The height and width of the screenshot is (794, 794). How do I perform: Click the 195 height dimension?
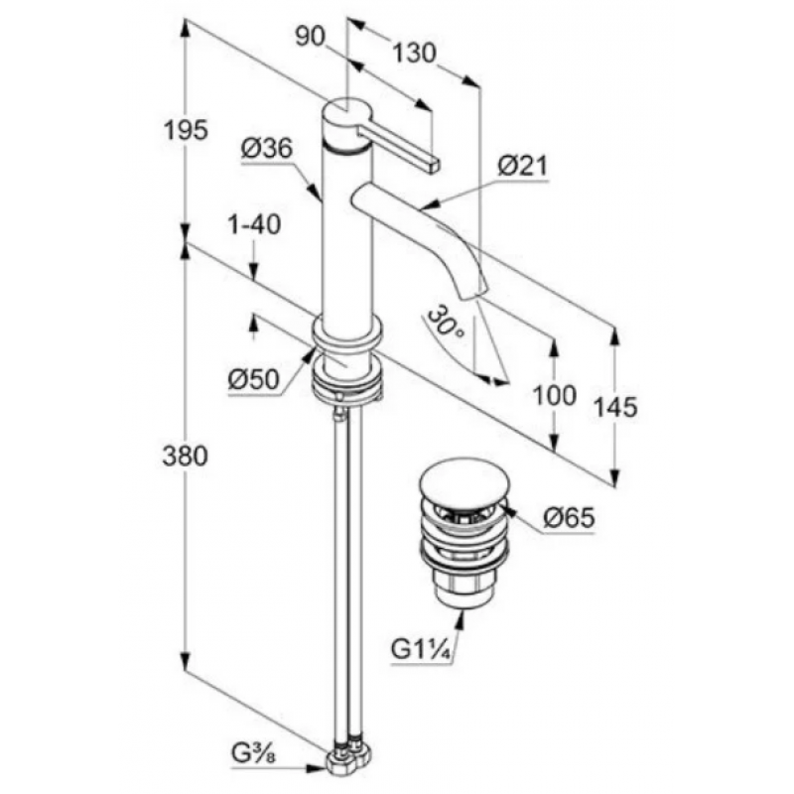[186, 131]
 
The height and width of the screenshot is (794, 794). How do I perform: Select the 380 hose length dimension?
[186, 456]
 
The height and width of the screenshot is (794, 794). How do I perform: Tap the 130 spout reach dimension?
[414, 53]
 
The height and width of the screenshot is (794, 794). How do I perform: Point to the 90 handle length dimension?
[310, 37]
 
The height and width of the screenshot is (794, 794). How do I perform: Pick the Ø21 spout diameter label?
[523, 166]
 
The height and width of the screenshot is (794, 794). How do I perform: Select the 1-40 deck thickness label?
[255, 224]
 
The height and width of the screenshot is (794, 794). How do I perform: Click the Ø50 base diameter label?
[254, 379]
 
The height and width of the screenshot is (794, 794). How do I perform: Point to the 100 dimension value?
[555, 395]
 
